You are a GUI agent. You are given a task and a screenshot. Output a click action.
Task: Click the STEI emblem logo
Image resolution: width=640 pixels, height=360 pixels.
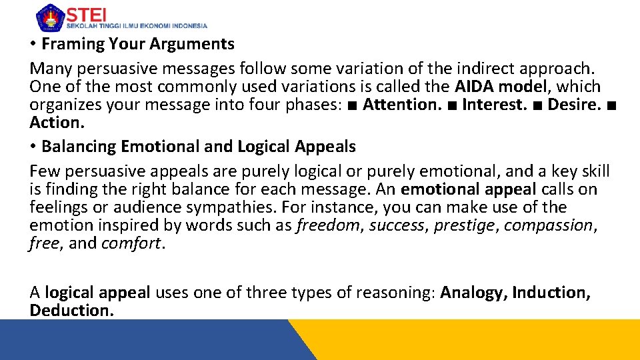coord(49,17)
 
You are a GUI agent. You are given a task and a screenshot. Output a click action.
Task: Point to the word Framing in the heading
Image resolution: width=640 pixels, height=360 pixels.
coord(69,44)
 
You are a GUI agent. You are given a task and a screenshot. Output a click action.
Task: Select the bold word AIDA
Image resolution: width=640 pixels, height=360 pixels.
coord(475,87)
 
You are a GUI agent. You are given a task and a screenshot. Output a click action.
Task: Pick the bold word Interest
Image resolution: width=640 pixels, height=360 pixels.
coord(497,105)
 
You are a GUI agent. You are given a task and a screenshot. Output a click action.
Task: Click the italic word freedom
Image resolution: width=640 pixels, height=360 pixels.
coord(327,225)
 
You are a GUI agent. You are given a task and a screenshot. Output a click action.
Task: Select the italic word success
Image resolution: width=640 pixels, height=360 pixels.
coord(396,225)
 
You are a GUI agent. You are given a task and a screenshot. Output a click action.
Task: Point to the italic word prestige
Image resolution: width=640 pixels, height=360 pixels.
coord(464,225)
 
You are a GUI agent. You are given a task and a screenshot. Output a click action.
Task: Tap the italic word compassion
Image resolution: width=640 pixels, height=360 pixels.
coord(549,225)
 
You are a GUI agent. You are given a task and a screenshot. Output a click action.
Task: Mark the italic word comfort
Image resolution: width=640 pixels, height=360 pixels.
coord(131,243)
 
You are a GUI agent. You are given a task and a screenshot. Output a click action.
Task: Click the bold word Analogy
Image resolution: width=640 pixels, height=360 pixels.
coord(474,293)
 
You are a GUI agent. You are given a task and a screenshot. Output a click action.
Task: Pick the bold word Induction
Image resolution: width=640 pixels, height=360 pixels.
coord(551,293)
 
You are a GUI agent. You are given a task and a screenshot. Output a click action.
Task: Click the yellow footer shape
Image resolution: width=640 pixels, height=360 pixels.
coord(480,340)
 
